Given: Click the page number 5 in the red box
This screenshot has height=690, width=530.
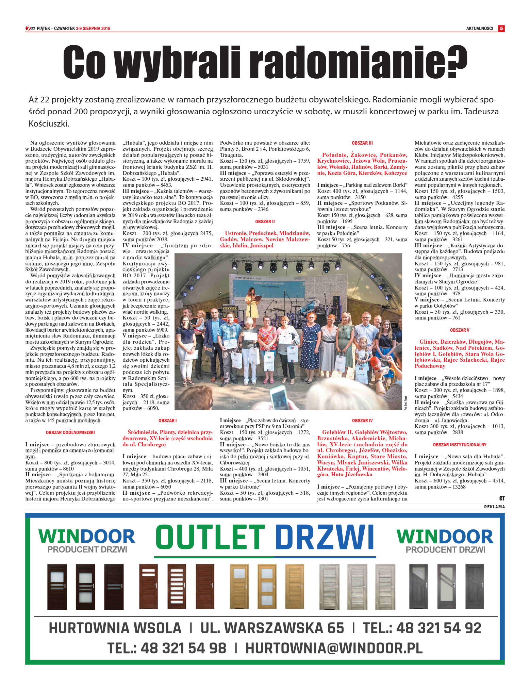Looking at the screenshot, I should pyautogui.click(x=501, y=29).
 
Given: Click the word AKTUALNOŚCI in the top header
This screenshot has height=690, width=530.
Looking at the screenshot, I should pyautogui.click(x=479, y=29).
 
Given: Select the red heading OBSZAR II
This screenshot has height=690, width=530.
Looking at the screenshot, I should pyautogui.click(x=265, y=221).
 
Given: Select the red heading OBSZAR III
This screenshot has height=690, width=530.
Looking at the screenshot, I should pyautogui.click(x=362, y=143).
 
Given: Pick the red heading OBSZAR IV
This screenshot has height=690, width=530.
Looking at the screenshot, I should pyautogui.click(x=362, y=421).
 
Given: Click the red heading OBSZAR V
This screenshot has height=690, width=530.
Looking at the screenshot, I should pyautogui.click(x=460, y=330).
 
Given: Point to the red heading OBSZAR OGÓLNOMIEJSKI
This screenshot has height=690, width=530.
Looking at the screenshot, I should pyautogui.click(x=70, y=432).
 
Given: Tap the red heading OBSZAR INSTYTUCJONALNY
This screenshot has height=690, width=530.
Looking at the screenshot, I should pyautogui.click(x=460, y=445).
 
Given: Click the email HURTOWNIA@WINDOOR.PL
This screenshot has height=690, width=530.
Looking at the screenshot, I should pyautogui.click(x=334, y=648).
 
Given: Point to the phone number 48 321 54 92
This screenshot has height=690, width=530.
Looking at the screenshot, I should pyautogui.click(x=438, y=628).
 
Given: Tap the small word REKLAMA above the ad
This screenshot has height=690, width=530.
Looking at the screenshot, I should pyautogui.click(x=494, y=507).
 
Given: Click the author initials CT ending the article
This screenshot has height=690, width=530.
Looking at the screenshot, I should pyautogui.click(x=502, y=498).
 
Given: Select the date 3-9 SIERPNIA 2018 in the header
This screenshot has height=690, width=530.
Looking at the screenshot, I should pyautogui.click(x=93, y=29).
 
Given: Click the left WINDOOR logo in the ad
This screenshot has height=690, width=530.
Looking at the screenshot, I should pyautogui.click(x=87, y=537).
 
